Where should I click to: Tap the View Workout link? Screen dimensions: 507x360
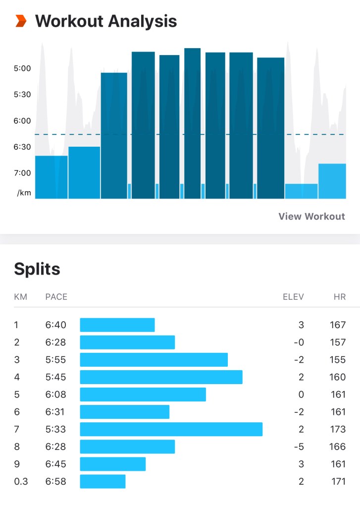tap(311, 216)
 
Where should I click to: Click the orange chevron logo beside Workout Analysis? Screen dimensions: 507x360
tap(21, 21)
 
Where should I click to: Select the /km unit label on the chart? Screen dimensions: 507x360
tap(24, 193)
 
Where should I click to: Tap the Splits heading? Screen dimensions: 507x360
tap(37, 269)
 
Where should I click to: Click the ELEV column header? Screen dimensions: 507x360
tap(293, 297)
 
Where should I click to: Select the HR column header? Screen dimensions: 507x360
tap(339, 297)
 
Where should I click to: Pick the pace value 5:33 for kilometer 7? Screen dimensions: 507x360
tap(55, 429)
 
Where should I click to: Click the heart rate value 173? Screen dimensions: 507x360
tap(337, 429)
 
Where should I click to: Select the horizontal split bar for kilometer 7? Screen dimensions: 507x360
tap(171, 429)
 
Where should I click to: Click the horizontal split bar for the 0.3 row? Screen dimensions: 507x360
tap(103, 481)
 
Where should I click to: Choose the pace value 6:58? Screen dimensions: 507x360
tap(55, 481)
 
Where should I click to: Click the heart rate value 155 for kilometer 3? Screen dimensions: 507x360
tap(337, 360)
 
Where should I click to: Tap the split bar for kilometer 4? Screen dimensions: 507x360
tap(161, 377)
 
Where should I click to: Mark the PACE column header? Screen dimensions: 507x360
tap(56, 297)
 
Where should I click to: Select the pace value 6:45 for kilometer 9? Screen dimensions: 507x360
tap(55, 464)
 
